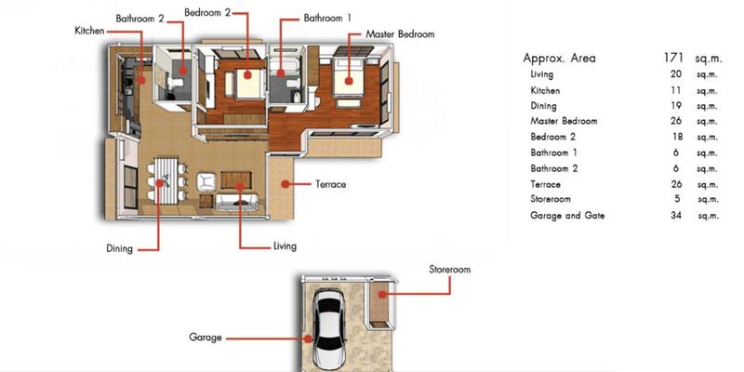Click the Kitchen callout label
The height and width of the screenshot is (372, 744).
pos(89,31)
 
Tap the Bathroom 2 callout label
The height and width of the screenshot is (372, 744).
pos(140,19)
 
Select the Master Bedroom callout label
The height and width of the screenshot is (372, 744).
pos(400,34)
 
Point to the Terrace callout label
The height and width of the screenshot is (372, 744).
pos(331,184)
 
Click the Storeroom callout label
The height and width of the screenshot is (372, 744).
pos(450,270)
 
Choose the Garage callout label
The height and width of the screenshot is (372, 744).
pos(206,338)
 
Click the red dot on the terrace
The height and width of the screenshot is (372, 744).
pos(286,183)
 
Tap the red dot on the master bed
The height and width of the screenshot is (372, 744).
pos(349,81)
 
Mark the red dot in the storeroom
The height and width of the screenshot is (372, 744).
pos(381,294)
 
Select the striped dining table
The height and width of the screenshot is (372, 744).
pos(166,180)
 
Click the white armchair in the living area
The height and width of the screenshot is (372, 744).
pos(206,180)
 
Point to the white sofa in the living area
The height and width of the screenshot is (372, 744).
pos(237,202)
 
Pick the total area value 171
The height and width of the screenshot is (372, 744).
pos(673,59)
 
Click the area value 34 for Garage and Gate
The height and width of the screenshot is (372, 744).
pos(677,216)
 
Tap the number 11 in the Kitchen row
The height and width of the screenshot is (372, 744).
pos(676,90)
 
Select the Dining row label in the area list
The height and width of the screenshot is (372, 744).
pos(544,106)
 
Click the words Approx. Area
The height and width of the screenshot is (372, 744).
pos(560,59)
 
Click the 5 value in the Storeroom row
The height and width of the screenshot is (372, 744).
pos(677,199)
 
